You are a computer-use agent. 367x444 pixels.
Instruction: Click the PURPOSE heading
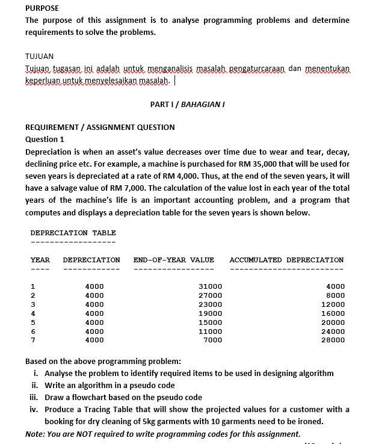(42, 8)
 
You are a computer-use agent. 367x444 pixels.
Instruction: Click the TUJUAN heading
(39, 56)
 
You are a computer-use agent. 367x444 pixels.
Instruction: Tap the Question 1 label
(45, 139)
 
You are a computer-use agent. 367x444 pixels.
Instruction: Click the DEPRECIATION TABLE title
(73, 233)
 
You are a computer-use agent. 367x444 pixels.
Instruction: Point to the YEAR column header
(40, 260)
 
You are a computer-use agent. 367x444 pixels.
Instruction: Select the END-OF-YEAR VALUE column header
(173, 260)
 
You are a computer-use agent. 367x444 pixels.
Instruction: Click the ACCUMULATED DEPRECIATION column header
(286, 260)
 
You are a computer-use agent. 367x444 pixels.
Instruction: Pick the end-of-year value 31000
(211, 286)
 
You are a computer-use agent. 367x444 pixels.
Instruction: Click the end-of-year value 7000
(213, 340)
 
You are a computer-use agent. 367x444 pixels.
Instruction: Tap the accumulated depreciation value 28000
(333, 340)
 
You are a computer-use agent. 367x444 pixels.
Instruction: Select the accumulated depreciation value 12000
(333, 304)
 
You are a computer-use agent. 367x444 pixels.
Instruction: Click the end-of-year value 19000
(211, 313)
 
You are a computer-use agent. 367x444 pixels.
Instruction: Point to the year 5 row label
(33, 322)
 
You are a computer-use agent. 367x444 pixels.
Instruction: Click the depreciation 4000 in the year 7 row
(94, 340)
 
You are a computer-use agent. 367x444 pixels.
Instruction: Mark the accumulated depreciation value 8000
(335, 295)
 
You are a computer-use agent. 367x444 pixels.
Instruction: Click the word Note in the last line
(35, 434)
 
